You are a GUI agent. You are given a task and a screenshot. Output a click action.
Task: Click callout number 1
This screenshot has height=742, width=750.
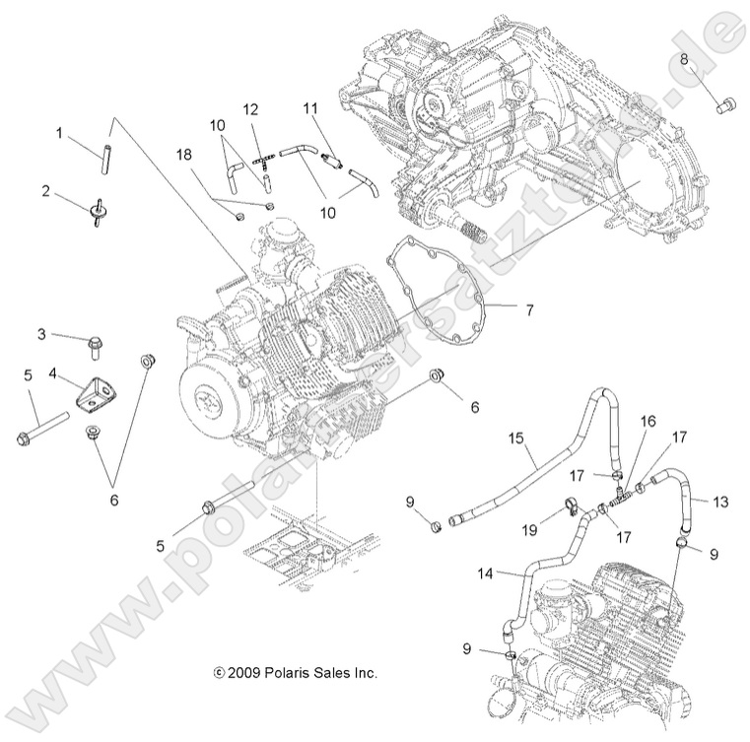click(x=58, y=131)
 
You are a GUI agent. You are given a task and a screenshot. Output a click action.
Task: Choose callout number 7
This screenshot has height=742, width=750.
click(x=529, y=310)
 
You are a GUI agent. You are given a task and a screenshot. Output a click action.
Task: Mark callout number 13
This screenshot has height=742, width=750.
click(x=719, y=503)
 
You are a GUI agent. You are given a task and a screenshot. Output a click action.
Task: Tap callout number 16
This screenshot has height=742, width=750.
click(x=648, y=419)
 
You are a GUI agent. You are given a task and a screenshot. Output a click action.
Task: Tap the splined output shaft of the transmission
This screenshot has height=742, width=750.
click(x=467, y=231)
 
